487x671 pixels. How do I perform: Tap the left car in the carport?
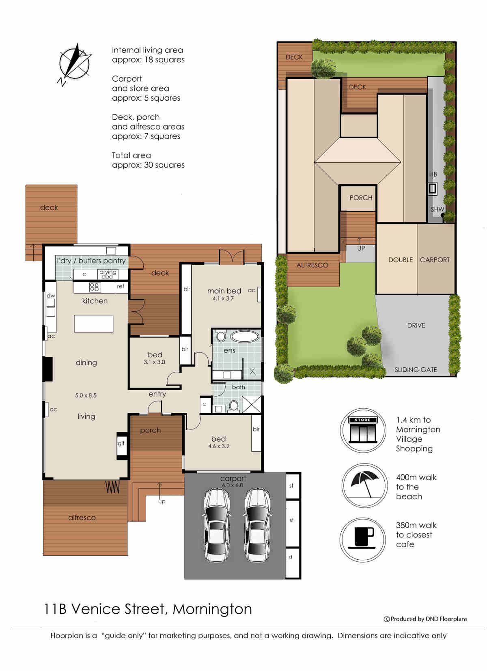[216, 524]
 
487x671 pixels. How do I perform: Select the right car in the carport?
[257, 524]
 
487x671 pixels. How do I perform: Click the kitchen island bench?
[93, 324]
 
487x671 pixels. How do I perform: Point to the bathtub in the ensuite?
[245, 337]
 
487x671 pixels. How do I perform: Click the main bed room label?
[224, 291]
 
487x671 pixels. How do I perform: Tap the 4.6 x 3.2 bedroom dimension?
[219, 446]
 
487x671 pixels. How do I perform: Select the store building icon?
[363, 430]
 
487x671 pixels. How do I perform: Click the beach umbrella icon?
[363, 486]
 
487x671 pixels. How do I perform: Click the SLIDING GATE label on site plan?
[416, 370]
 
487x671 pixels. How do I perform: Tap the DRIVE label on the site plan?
[416, 326]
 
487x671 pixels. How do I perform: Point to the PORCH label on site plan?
[361, 198]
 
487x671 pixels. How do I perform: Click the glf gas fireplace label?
[121, 443]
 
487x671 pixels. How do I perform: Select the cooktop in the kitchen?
[95, 287]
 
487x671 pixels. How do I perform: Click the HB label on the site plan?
[433, 174]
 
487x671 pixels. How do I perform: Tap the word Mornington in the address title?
[212, 609]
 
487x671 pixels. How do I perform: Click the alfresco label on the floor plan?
[82, 518]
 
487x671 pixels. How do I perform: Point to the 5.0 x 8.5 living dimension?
[86, 395]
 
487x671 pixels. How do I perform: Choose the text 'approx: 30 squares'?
[148, 165]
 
